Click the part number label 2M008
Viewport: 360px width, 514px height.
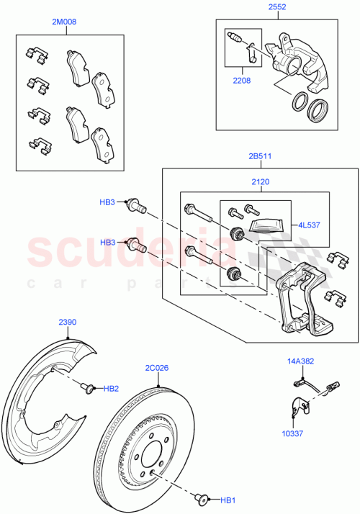click(x=64, y=22)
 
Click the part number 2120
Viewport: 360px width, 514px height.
click(x=260, y=183)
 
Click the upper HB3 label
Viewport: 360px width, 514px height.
click(x=107, y=204)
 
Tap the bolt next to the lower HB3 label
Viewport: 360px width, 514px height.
click(x=136, y=245)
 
